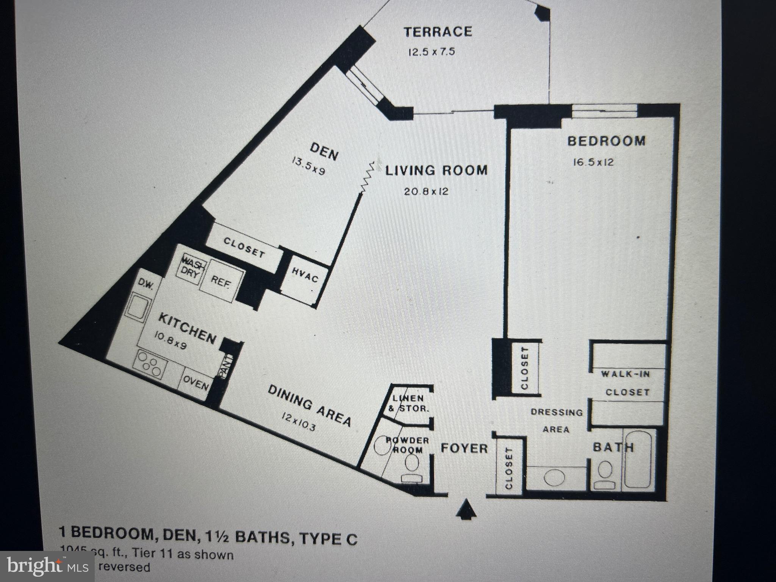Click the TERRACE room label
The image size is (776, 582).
click(x=438, y=31)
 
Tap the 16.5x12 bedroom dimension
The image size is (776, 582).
click(x=593, y=163)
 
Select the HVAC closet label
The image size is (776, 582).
click(x=305, y=275)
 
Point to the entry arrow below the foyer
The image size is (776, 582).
click(x=466, y=509)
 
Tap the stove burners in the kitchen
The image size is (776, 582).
click(x=150, y=365)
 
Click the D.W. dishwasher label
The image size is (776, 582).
click(x=145, y=284)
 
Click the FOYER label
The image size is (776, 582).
click(x=464, y=449)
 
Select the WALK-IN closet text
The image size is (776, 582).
click(x=626, y=374)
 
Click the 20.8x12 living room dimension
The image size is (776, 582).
click(x=426, y=191)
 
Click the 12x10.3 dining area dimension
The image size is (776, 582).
click(x=299, y=422)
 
